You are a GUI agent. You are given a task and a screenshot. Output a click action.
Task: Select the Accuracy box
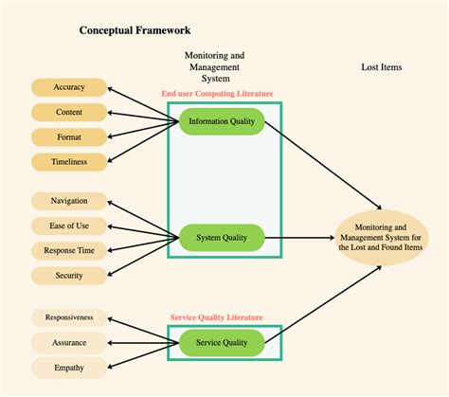tap(69, 87)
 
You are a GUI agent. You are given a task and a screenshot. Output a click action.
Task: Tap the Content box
tap(69, 112)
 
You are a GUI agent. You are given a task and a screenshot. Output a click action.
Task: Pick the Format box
tap(69, 137)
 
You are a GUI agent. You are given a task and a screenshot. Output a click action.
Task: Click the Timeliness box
tap(69, 162)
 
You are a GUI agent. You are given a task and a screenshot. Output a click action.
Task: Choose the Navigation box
tap(69, 201)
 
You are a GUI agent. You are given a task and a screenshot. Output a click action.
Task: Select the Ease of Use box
tap(69, 226)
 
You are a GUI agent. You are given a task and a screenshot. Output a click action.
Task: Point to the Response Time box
tap(69, 251)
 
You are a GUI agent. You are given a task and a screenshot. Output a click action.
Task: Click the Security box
tap(69, 276)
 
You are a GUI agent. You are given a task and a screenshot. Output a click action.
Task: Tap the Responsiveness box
tap(69, 317)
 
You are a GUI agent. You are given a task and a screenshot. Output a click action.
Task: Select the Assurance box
tap(69, 342)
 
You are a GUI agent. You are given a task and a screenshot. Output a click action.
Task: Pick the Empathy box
tap(69, 368)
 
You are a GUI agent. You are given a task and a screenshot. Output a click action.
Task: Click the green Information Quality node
tap(222, 121)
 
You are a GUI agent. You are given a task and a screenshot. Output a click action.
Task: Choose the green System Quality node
tap(222, 240)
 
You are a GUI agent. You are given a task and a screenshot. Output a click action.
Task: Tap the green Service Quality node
tap(222, 342)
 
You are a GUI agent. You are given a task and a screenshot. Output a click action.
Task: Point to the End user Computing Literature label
tap(218, 94)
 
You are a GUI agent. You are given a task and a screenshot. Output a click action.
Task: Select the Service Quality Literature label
tap(216, 317)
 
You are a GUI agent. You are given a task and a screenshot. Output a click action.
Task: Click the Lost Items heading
tap(383, 67)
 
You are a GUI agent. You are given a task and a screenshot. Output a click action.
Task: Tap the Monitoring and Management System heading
tap(213, 67)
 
